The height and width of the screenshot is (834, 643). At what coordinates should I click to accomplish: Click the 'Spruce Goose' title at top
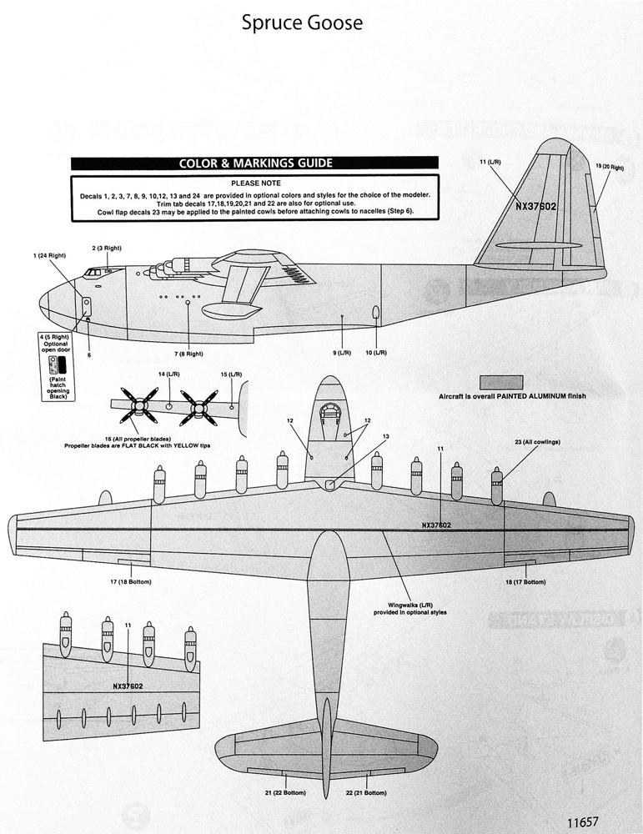coord(302,23)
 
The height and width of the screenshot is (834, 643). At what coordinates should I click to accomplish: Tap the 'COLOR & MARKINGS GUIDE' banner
coord(255,163)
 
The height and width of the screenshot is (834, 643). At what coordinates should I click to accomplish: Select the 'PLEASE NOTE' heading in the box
coord(256,183)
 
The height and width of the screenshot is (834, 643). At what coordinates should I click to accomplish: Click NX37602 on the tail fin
coord(535,206)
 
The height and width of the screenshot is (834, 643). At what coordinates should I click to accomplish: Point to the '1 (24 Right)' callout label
coord(49,256)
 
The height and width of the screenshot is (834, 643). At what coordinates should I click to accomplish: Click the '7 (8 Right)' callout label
coord(188,354)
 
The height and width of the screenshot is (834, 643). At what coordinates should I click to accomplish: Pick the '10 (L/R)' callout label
coord(376,353)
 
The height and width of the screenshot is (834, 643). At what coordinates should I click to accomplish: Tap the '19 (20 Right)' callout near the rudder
coord(610,167)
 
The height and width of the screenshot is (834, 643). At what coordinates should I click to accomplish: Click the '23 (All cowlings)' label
coord(537,442)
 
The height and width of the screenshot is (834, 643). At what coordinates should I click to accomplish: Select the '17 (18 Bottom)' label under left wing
coord(131,582)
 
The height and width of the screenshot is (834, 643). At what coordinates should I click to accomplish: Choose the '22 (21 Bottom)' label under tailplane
coord(366,792)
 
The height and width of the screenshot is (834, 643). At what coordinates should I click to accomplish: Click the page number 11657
coord(582,821)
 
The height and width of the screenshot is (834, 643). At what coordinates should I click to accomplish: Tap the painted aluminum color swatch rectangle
coord(501,383)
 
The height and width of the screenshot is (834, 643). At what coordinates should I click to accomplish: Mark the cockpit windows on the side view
coord(94,273)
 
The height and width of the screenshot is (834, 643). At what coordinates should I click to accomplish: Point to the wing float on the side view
coord(230,309)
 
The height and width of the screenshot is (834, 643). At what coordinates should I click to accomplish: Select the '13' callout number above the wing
coord(385,437)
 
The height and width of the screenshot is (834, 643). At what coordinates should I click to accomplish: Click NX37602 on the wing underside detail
coord(128,686)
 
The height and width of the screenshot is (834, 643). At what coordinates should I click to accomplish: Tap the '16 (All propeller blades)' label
coord(138,439)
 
